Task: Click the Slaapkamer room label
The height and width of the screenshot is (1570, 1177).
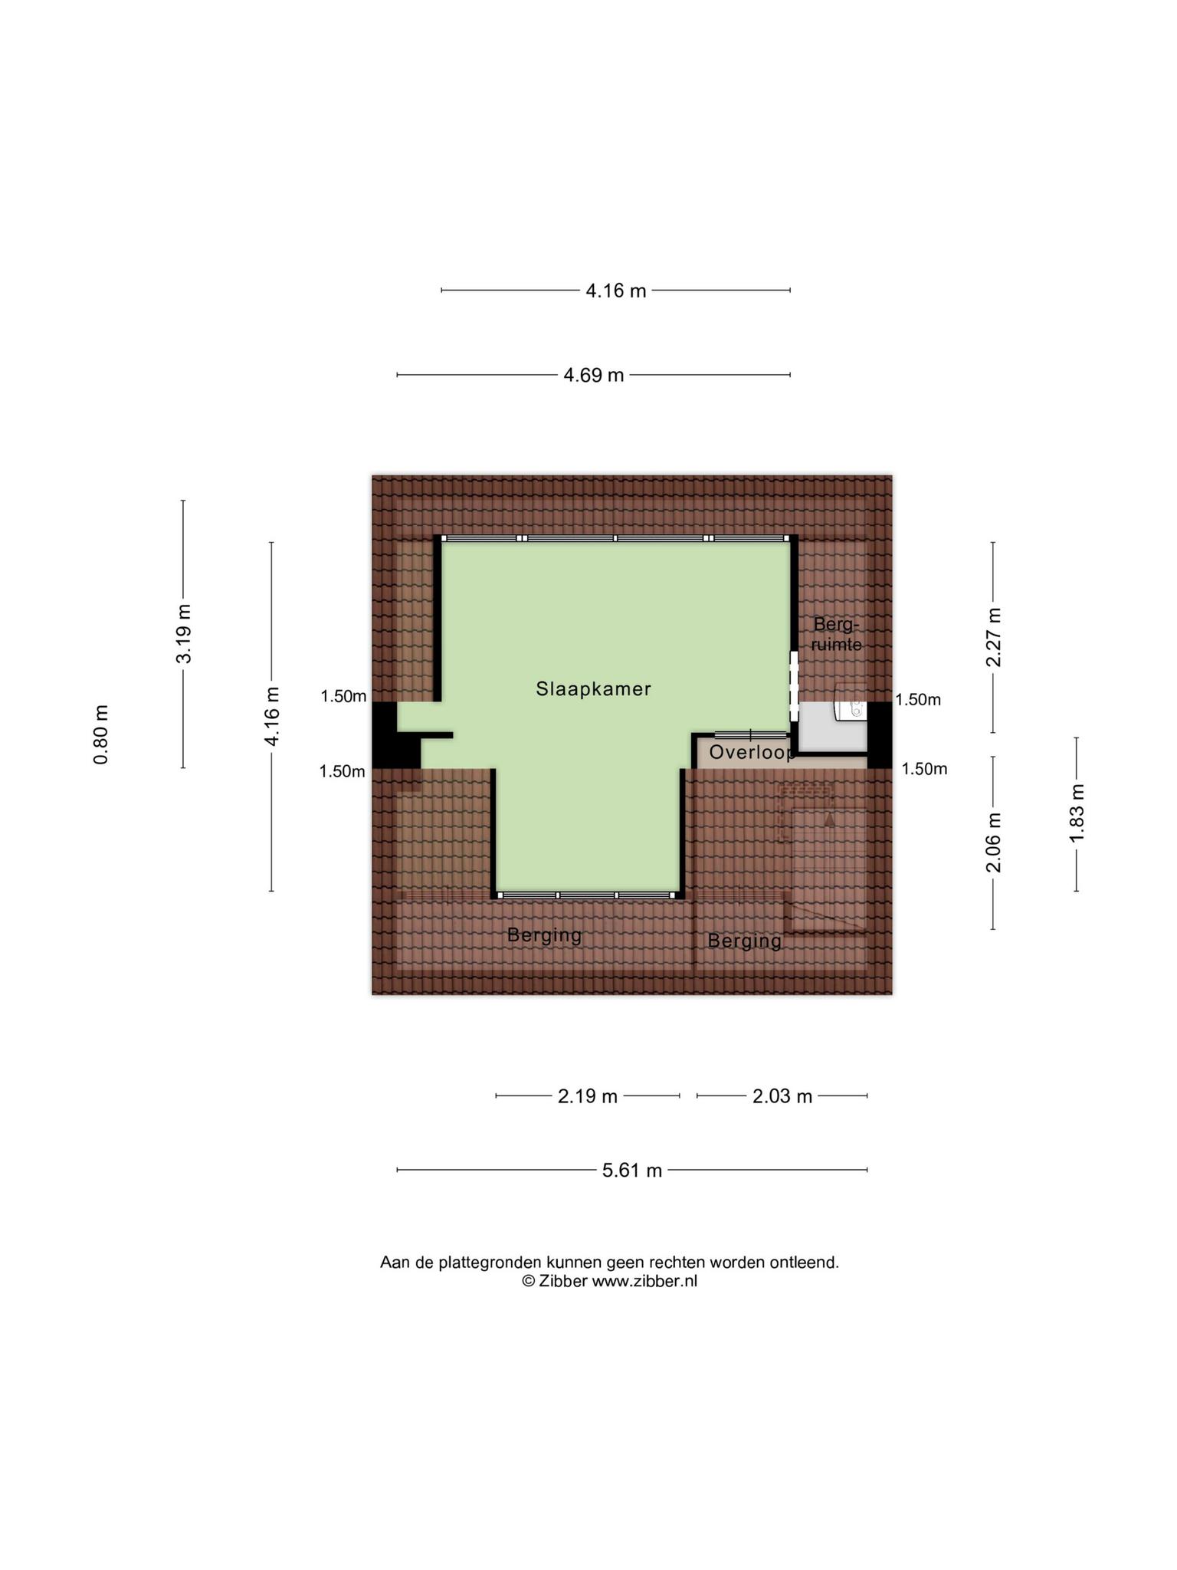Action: click(593, 688)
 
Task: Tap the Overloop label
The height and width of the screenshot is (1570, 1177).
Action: click(752, 753)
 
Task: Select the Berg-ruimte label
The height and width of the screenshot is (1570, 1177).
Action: click(837, 633)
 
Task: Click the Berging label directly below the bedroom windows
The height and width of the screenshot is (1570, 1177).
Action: click(545, 935)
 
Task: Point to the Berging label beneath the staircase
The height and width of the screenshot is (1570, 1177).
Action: click(745, 941)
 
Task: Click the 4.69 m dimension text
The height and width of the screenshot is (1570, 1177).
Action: click(594, 375)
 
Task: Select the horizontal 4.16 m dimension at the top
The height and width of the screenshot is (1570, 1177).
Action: click(616, 291)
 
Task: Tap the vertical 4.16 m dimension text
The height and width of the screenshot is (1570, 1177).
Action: click(272, 716)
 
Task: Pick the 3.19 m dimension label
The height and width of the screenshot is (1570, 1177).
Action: click(184, 634)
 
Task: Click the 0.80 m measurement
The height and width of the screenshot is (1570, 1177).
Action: click(101, 734)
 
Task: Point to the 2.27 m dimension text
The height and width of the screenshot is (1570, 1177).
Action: click(994, 637)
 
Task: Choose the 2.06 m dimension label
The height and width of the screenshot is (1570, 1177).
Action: click(994, 842)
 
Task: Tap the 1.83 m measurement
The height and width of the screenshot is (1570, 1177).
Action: click(1077, 813)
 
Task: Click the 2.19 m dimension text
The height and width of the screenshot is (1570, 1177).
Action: click(588, 1096)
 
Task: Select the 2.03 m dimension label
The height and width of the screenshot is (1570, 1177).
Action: click(782, 1096)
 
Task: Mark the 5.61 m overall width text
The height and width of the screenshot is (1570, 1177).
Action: click(632, 1171)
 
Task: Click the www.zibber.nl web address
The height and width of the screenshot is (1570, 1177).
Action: click(644, 1281)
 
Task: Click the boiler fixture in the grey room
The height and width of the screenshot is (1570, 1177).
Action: click(851, 711)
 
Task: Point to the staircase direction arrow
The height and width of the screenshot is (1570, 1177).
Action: click(828, 819)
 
